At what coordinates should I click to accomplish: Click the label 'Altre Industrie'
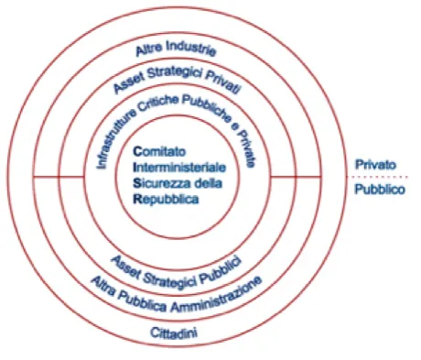pyautogui.click(x=176, y=49)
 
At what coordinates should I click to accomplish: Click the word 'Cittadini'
pyautogui.click(x=174, y=333)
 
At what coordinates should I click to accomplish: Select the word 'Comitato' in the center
pyautogui.click(x=159, y=151)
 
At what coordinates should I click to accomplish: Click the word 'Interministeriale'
pyautogui.click(x=179, y=168)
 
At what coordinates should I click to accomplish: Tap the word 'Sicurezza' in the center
pyautogui.click(x=160, y=183)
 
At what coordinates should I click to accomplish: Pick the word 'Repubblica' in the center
pyautogui.click(x=166, y=200)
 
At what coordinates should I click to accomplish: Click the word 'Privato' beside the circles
pyautogui.click(x=375, y=165)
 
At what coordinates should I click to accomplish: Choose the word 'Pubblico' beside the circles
pyautogui.click(x=380, y=190)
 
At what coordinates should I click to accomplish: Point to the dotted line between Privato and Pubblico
pyautogui.click(x=377, y=177)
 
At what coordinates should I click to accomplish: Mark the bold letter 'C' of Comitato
pyautogui.click(x=137, y=151)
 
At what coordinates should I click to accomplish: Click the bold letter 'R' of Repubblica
pyautogui.click(x=137, y=199)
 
